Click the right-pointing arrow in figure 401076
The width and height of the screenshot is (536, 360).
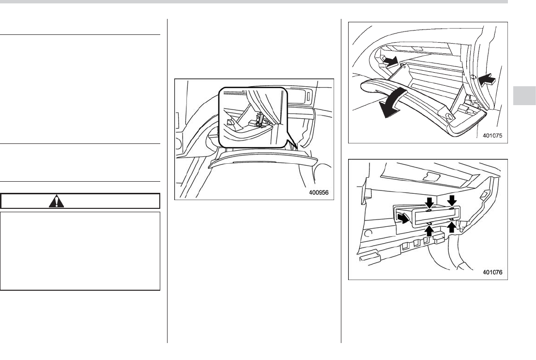(x=402, y=219)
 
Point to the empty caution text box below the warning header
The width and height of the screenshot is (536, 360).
(x=80, y=250)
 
